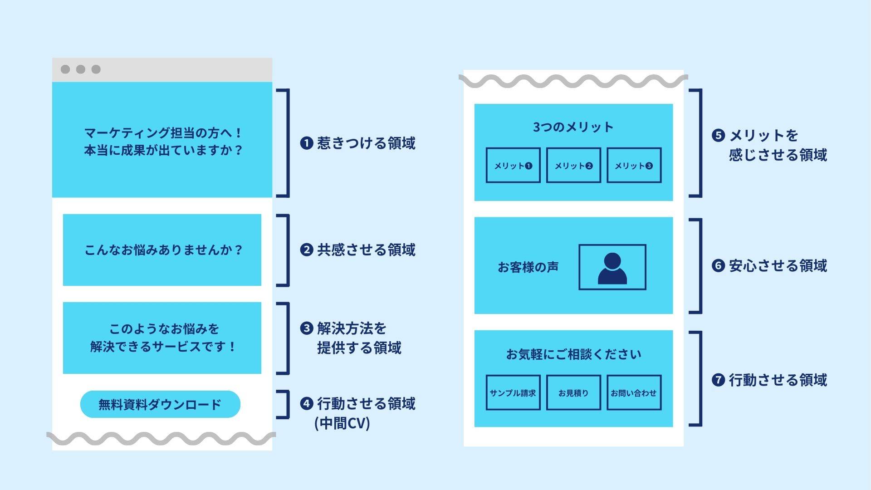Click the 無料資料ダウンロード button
[x=160, y=404]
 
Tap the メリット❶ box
[x=513, y=166]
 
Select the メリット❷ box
[x=573, y=166]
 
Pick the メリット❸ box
[x=634, y=166]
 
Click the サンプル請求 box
[x=513, y=393]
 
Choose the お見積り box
[x=573, y=393]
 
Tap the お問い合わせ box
[x=634, y=393]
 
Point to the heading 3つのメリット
[x=573, y=127]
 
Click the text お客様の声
[x=528, y=267]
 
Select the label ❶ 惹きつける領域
[x=358, y=143]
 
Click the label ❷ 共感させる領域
[x=358, y=250]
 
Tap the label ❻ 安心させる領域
[x=769, y=266]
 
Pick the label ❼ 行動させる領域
[x=769, y=380]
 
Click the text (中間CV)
[x=343, y=423]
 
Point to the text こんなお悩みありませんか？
[x=163, y=250]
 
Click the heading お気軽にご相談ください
[x=573, y=354]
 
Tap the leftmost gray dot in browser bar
[x=65, y=69]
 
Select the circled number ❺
[x=718, y=136]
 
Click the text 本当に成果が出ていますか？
[x=163, y=150]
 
